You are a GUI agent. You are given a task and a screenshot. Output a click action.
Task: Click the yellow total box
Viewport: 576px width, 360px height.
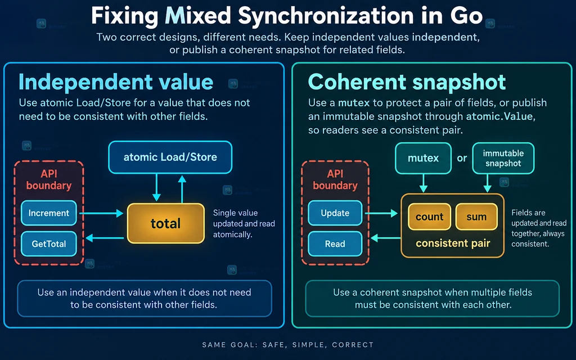166,223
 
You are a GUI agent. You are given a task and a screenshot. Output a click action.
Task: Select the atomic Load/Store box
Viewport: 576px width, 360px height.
170,157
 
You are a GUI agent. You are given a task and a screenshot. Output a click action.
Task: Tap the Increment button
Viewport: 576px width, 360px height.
49,213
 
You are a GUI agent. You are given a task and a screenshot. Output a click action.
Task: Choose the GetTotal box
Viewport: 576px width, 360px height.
49,244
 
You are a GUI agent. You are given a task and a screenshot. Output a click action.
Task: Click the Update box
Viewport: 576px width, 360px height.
335,213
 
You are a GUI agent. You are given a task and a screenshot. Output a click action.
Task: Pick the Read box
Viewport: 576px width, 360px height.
335,244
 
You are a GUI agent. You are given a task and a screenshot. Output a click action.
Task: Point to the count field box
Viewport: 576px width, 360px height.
429,217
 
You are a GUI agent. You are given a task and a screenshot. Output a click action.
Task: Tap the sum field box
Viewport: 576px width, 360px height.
476,217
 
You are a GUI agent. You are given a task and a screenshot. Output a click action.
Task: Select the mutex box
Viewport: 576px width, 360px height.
423,158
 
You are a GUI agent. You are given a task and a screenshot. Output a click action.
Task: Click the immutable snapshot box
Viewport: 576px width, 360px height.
503,158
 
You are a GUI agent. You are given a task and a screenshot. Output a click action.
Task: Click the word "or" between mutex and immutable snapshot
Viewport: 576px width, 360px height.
462,158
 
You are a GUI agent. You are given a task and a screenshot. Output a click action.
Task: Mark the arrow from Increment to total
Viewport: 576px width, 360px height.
101,213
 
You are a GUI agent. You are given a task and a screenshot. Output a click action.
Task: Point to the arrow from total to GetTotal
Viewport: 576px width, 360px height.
105,238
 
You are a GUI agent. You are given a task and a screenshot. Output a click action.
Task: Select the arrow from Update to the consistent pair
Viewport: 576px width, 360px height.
381,213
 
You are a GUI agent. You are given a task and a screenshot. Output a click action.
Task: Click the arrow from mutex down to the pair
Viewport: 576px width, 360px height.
423,183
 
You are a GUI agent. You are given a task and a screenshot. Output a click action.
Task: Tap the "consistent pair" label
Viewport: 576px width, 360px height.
453,243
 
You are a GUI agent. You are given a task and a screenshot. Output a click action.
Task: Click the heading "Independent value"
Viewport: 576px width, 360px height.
116,82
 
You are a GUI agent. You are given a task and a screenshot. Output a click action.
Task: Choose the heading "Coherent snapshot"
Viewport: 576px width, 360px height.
407,82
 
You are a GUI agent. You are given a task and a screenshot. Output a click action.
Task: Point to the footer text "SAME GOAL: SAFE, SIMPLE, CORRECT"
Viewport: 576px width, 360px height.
288,345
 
